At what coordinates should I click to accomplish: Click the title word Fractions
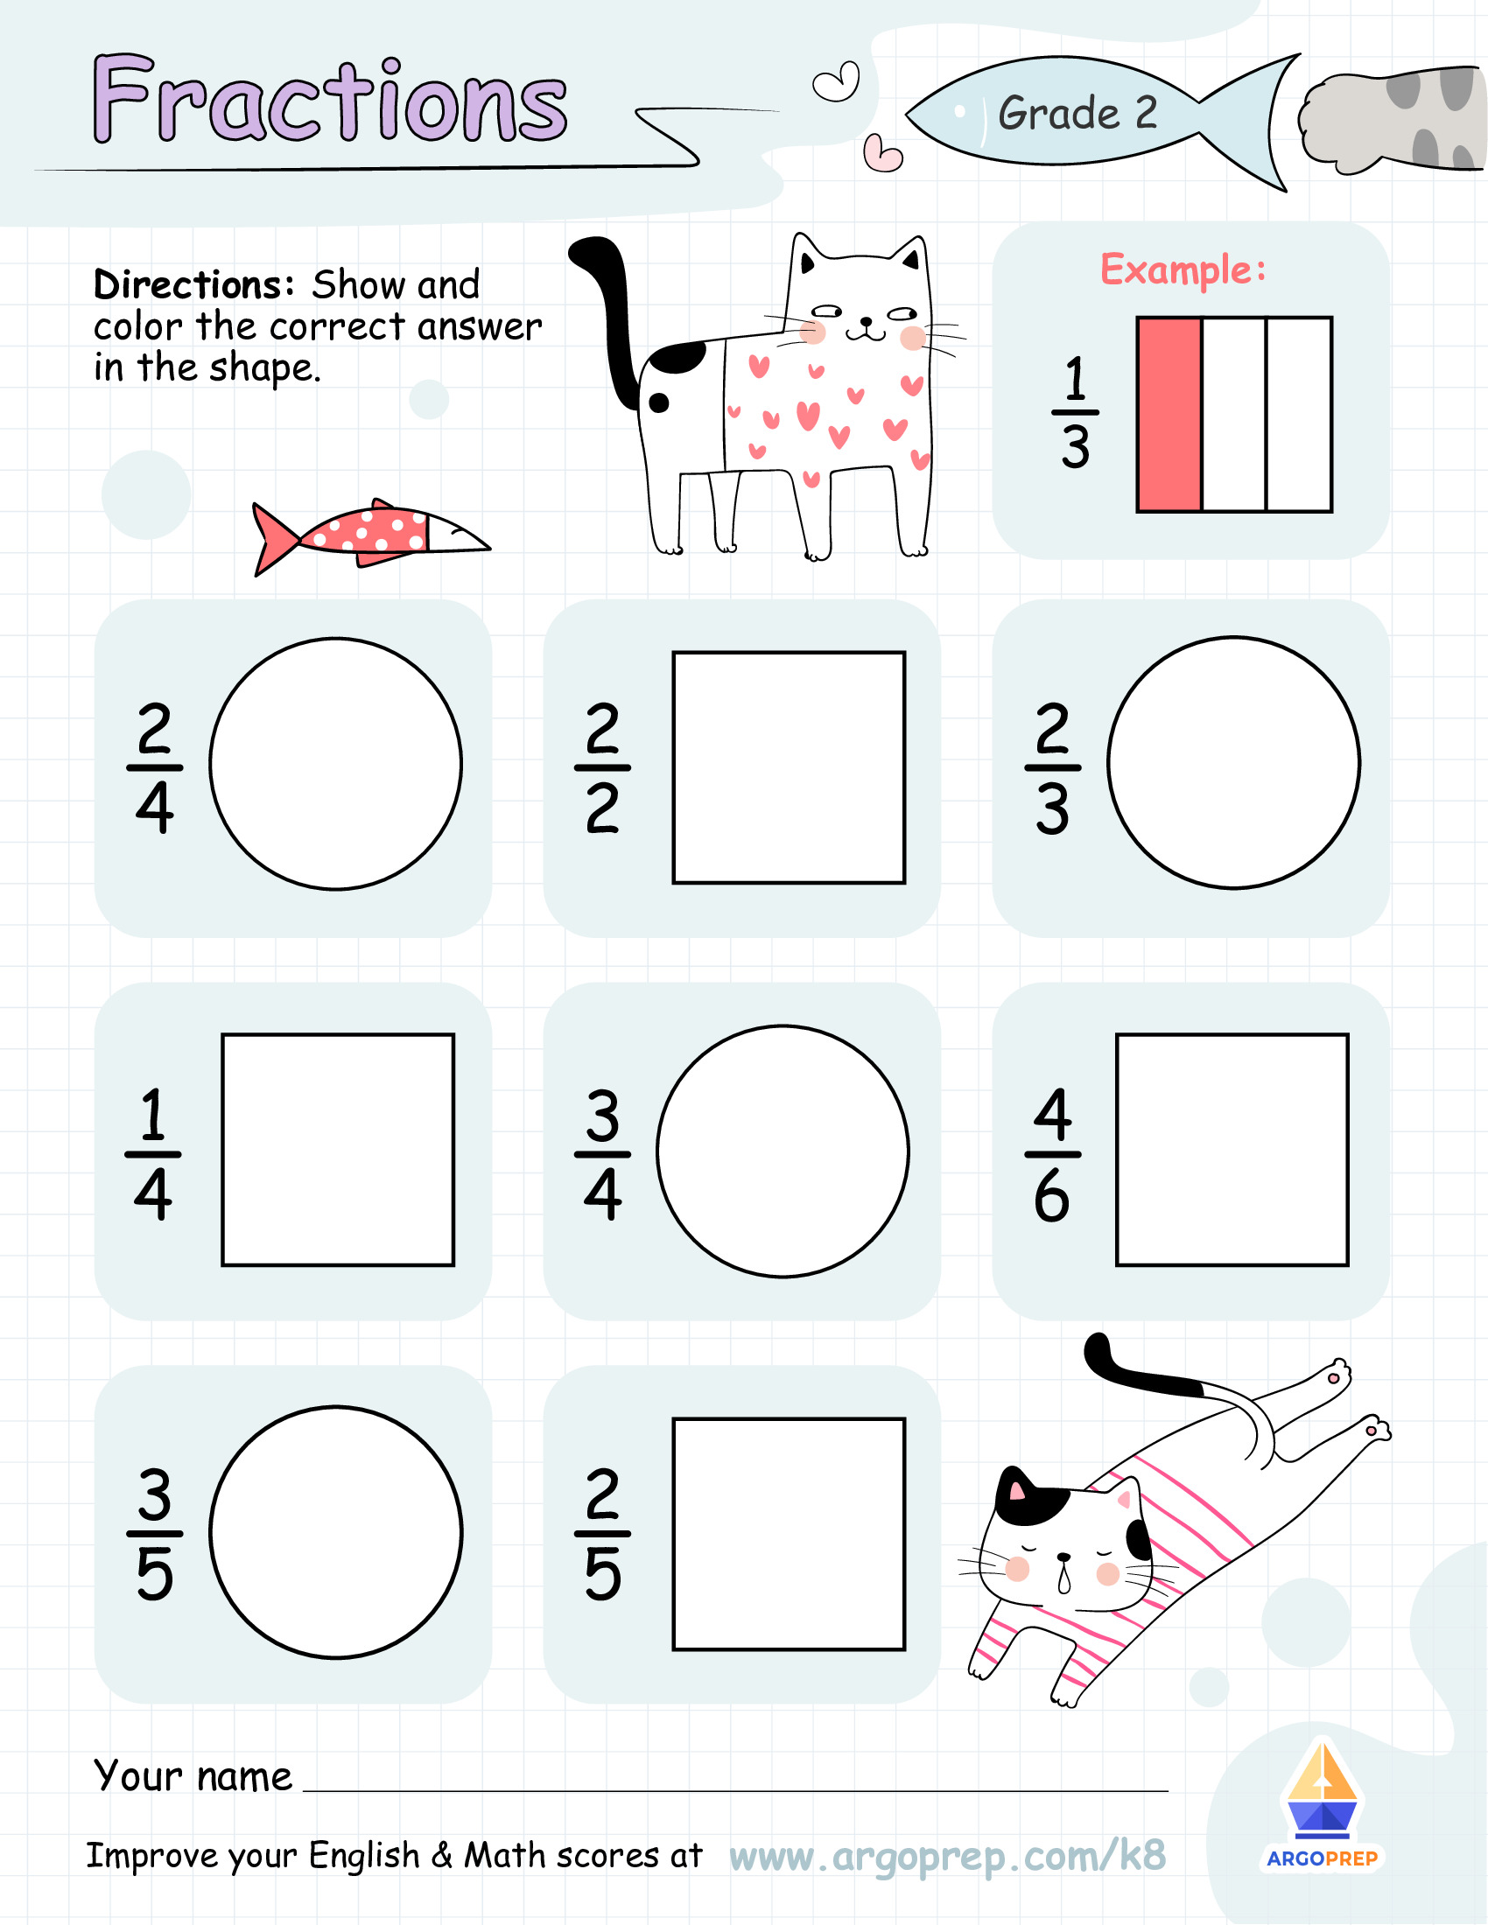pos(330,100)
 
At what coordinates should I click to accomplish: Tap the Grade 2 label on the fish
pos(1077,113)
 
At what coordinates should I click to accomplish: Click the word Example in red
pos(1183,269)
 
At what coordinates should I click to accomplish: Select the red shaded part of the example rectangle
pos(1169,414)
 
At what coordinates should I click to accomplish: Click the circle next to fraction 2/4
pos(335,763)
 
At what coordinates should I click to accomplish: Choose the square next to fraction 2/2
pos(788,766)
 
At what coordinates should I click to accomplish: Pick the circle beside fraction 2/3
pos(1232,762)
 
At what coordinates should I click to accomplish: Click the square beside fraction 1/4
pos(338,1150)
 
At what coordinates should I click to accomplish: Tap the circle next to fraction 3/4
pos(782,1151)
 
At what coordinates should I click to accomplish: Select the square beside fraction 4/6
pos(1232,1150)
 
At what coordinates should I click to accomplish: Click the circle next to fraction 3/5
pos(335,1532)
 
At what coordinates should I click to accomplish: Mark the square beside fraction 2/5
pos(788,1534)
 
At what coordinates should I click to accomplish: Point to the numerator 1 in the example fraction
pos(1075,378)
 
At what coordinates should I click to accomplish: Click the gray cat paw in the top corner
pos(1393,119)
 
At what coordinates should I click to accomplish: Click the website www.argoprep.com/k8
pos(947,1855)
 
